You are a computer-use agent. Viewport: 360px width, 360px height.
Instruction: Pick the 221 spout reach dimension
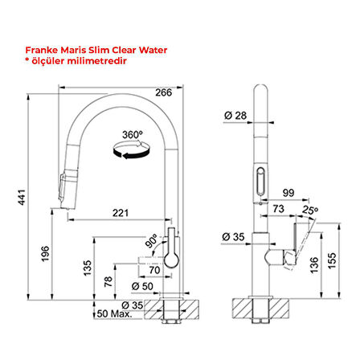coord(120,214)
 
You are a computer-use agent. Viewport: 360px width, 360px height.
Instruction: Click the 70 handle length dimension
coord(154,271)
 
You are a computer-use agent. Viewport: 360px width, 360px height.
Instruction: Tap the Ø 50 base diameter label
coord(142,286)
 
